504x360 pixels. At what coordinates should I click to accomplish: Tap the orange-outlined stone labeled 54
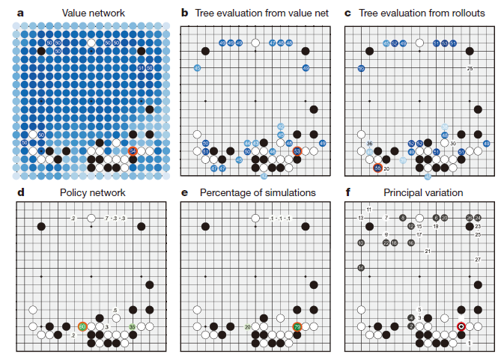pyautogui.click(x=133, y=150)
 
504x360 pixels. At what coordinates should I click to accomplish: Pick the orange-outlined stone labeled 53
pyautogui.click(x=297, y=151)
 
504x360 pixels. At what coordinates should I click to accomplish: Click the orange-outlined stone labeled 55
pyautogui.click(x=378, y=168)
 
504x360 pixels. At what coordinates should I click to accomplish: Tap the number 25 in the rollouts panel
pyautogui.click(x=470, y=69)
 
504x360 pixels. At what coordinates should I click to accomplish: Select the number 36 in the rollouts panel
pyautogui.click(x=369, y=143)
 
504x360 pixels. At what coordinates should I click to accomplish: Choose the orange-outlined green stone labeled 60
pyautogui.click(x=82, y=326)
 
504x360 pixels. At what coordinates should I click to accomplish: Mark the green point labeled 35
pyautogui.click(x=133, y=326)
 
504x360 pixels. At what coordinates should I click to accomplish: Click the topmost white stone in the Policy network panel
pyautogui.click(x=91, y=217)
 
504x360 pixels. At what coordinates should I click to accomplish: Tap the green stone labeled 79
pyautogui.click(x=297, y=326)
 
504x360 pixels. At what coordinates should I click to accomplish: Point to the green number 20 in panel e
pyautogui.click(x=247, y=327)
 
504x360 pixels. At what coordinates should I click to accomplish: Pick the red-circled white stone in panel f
pyautogui.click(x=461, y=326)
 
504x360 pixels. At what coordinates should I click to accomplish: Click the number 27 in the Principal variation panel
pyautogui.click(x=478, y=259)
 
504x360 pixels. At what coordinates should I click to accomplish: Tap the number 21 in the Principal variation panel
pyautogui.click(x=428, y=251)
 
